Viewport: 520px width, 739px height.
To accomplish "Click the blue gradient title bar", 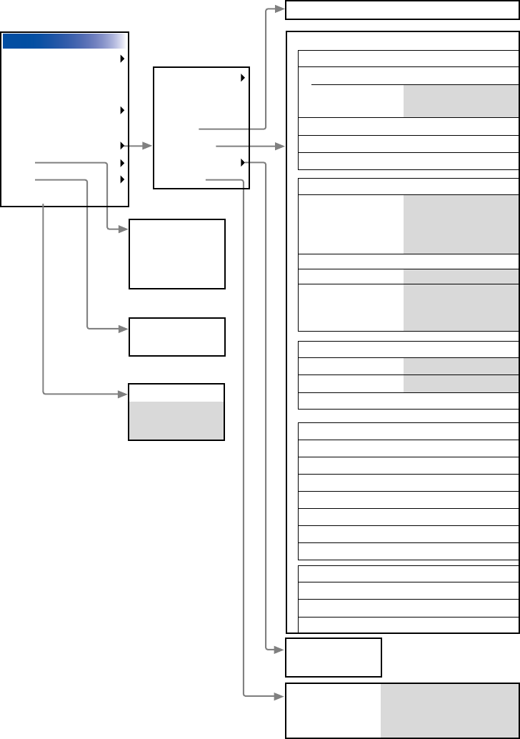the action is tap(64, 41).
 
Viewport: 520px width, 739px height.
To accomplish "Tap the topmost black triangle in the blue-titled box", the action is tap(122, 59).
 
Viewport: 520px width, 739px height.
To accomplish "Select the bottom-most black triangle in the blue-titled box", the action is tap(122, 179).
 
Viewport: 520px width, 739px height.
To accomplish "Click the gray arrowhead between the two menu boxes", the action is tap(148, 146).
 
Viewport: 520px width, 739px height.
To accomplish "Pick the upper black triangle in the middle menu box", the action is tap(243, 77).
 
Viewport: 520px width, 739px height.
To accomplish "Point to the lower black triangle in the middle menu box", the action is tap(243, 163).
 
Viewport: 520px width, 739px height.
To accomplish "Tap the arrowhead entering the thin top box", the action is tap(280, 10).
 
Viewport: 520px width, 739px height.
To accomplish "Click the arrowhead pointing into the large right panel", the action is tap(280, 146).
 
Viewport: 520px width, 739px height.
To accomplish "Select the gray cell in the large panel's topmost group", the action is tap(461, 101).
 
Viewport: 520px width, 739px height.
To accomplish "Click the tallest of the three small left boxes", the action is tap(176, 254).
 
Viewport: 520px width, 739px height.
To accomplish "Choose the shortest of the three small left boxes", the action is tap(176, 337).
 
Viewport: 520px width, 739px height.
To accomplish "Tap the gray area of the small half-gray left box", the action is tap(176, 421).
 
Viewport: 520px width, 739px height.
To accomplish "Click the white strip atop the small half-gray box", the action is tap(176, 393).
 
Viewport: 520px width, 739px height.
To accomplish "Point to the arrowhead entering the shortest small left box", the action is tap(123, 329).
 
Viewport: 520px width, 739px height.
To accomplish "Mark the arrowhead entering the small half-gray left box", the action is tap(123, 394).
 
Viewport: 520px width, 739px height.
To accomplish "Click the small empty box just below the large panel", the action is tap(334, 658).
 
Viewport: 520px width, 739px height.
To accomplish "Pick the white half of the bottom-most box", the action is tap(333, 710).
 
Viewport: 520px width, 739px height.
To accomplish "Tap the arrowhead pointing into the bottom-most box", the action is tap(280, 695).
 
